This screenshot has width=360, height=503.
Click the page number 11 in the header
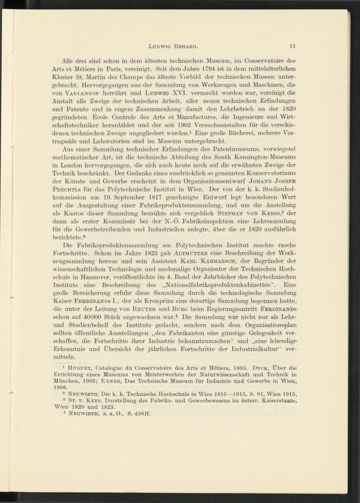[x=293, y=46]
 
